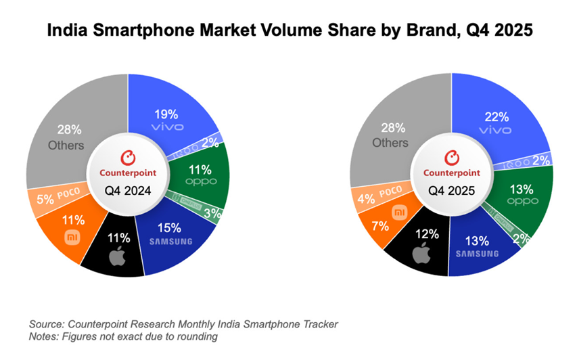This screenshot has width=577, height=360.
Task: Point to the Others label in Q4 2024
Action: click(66, 145)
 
